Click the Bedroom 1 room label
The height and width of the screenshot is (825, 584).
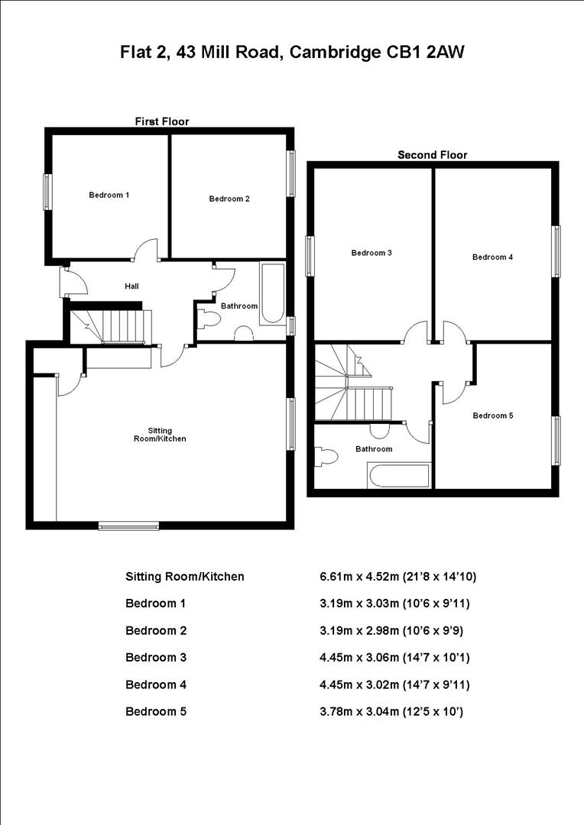tap(109, 195)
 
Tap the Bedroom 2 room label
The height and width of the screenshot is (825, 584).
tap(229, 199)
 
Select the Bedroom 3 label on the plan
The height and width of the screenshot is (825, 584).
tap(371, 253)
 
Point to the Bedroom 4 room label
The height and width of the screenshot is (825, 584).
tap(492, 257)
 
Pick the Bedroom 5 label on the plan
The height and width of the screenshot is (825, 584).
tap(492, 416)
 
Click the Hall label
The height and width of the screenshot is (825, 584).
tap(131, 286)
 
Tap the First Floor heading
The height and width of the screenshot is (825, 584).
tap(161, 121)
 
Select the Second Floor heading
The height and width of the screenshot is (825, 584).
tap(432, 155)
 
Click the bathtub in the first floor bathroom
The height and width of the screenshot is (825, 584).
tap(272, 294)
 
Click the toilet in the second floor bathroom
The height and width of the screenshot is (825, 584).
tap(326, 457)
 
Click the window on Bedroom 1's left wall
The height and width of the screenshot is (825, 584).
tap(47, 192)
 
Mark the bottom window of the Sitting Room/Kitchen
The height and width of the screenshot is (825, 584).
tap(128, 525)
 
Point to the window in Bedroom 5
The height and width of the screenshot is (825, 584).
tap(556, 441)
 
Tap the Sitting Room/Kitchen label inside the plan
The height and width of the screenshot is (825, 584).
tap(156, 435)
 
